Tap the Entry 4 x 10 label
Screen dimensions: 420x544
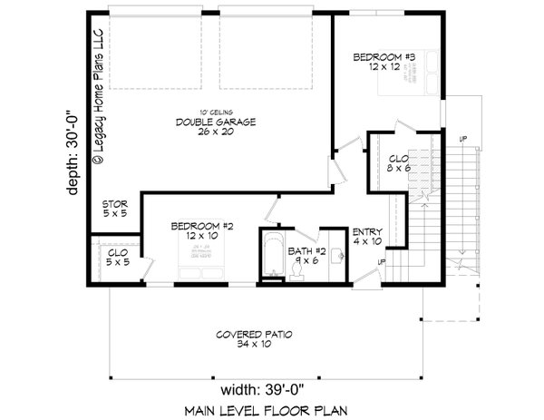coord(367,235)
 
